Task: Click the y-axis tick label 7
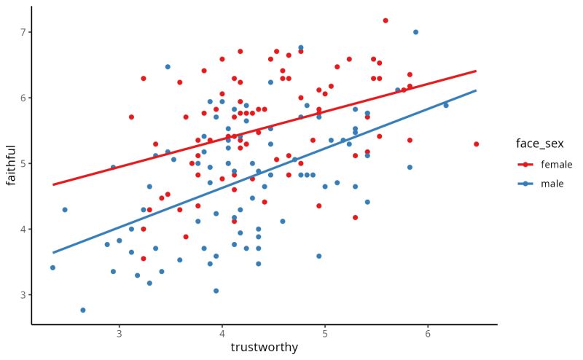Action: point(23,32)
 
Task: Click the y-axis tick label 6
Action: point(23,98)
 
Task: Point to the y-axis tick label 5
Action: point(23,163)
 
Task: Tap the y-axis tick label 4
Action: point(23,229)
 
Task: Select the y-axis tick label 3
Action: point(23,294)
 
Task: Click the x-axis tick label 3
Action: point(119,334)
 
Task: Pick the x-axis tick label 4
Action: point(222,334)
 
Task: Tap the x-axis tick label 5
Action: point(324,334)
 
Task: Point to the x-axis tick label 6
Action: point(427,334)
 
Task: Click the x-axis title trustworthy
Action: point(264,348)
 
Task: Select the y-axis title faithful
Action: point(10,164)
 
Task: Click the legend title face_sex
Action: point(539,144)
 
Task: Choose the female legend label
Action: point(556,165)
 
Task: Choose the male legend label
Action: point(552,184)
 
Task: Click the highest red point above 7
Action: point(386,20)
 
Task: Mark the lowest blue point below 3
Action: point(82,310)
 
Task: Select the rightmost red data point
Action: point(476,144)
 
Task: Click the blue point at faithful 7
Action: point(415,32)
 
